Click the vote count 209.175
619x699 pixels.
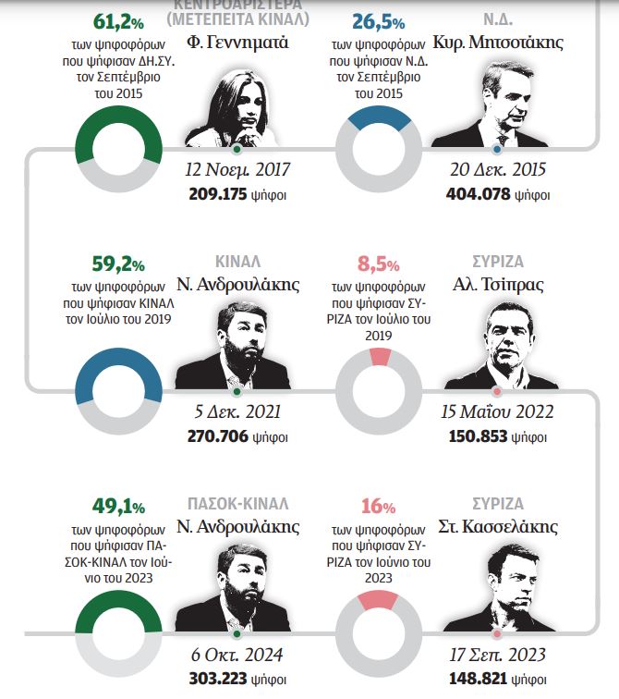pos(217,195)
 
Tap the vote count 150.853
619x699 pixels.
pos(478,435)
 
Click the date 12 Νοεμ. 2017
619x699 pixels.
pos(238,170)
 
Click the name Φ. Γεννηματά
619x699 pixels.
pos(238,43)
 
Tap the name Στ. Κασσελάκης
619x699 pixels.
pos(498,528)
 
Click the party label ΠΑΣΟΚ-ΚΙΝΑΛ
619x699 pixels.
pos(238,505)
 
